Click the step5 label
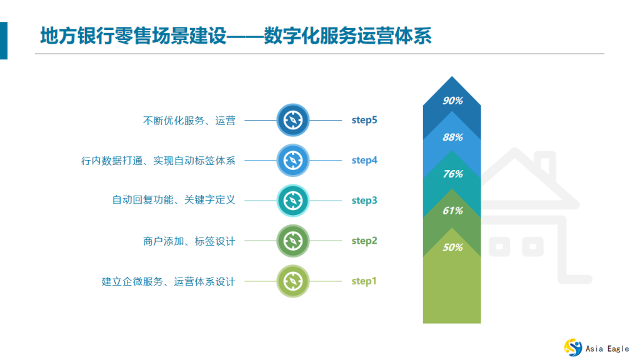[364, 120]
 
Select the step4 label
[364, 160]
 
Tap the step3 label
[364, 201]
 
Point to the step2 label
[364, 241]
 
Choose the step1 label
[364, 281]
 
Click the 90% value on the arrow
[452, 101]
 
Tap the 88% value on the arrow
[452, 137]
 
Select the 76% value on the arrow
[452, 174]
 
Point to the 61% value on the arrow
[452, 211]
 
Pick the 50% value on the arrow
[452, 247]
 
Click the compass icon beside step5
[293, 120]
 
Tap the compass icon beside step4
[293, 160]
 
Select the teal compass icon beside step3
[293, 201]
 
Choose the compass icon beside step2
[293, 241]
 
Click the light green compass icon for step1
[293, 281]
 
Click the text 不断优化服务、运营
[189, 121]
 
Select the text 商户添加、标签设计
[189, 241]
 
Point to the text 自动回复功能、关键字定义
[174, 201]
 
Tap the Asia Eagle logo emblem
[573, 347]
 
